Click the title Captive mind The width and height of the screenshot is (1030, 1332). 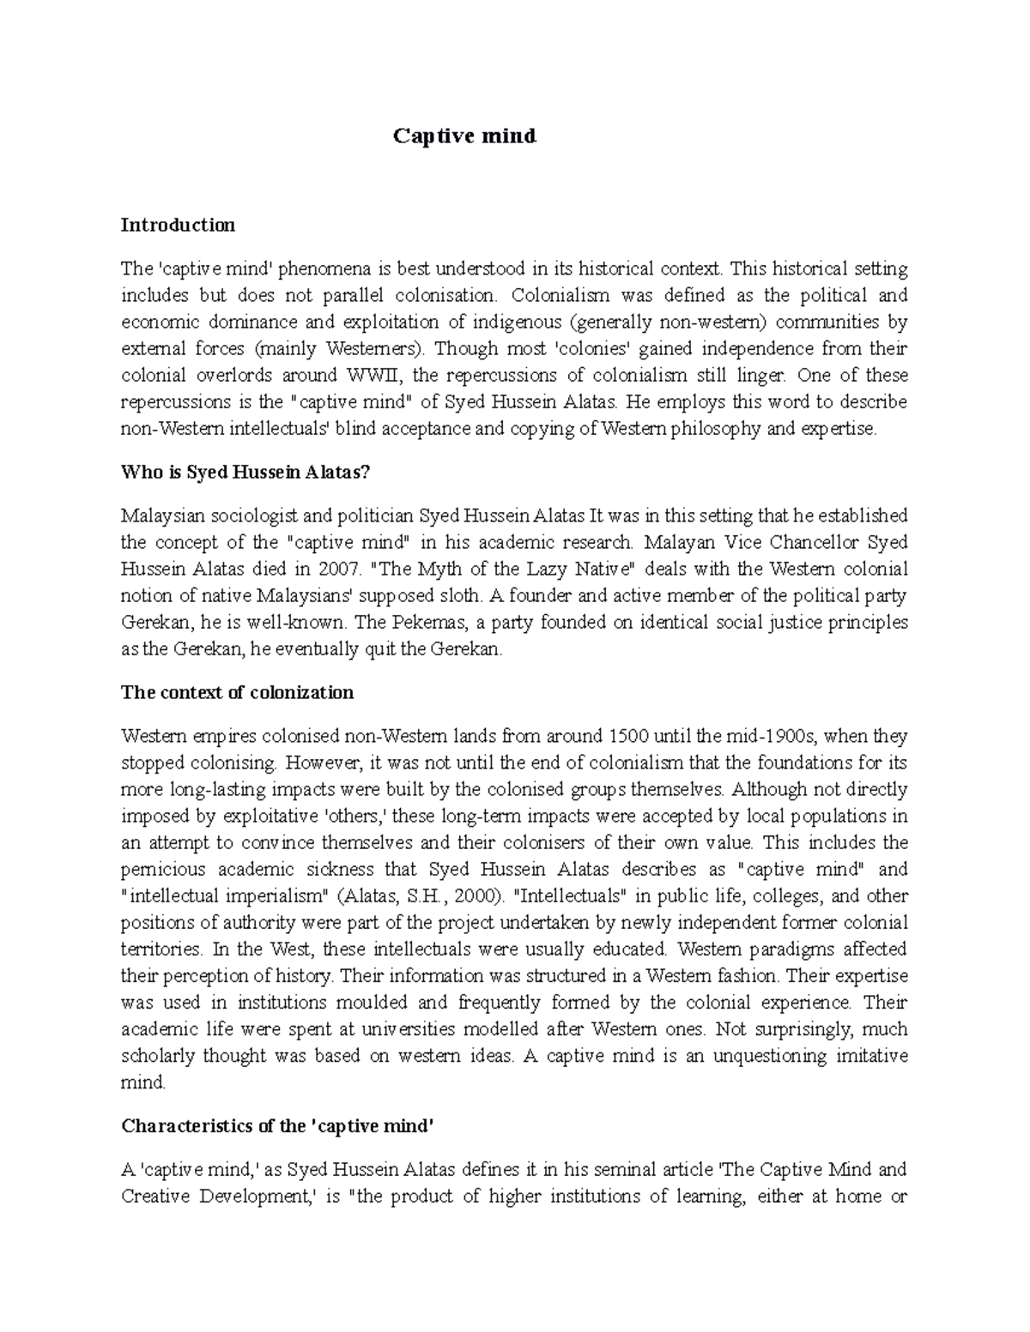coord(464,136)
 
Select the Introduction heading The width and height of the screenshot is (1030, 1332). coord(178,226)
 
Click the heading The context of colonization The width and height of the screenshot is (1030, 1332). coord(238,693)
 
